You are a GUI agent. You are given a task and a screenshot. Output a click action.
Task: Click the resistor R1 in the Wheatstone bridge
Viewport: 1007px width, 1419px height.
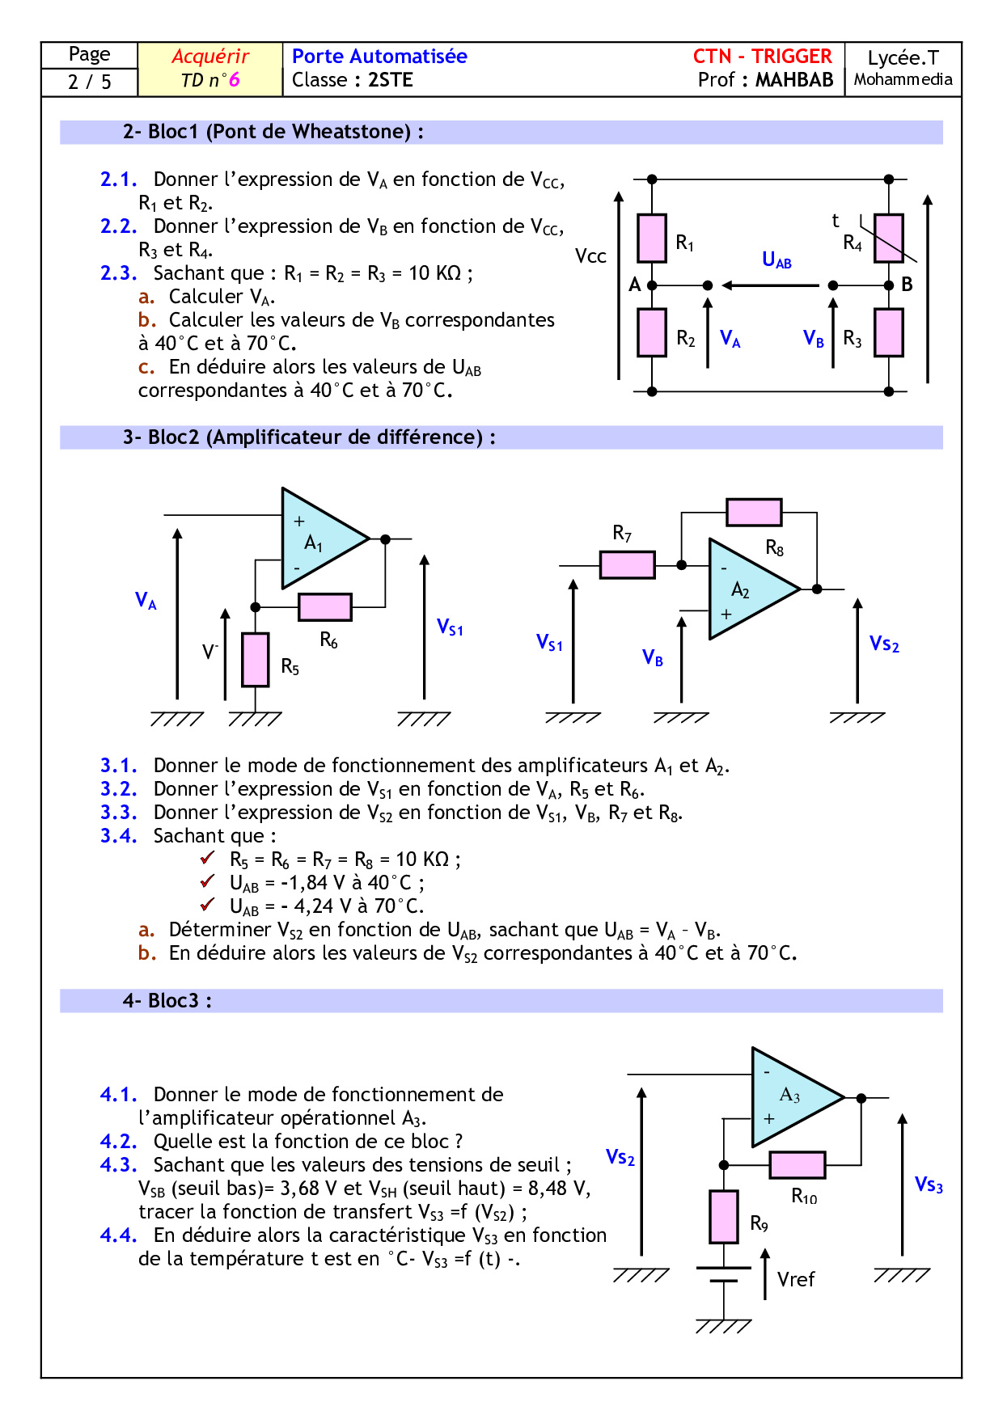point(651,238)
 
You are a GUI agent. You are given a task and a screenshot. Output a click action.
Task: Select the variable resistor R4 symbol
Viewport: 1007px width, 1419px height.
point(888,238)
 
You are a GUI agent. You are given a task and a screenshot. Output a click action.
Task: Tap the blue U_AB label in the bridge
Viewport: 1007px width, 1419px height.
point(776,260)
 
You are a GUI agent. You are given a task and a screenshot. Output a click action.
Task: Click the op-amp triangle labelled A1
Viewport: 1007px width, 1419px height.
point(319,538)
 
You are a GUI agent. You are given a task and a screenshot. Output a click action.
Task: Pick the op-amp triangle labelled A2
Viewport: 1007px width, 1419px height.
point(748,589)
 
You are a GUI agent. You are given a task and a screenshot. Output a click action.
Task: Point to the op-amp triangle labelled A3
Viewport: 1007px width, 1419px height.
point(793,1097)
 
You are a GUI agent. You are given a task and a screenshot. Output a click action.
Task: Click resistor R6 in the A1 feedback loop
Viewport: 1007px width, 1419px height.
point(325,606)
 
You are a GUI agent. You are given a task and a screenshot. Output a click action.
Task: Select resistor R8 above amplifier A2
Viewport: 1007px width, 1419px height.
point(754,512)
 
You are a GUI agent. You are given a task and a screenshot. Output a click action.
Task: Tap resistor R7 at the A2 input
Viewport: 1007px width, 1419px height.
point(627,564)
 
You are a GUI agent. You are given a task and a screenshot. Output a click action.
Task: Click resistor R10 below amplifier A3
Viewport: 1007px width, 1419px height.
point(798,1165)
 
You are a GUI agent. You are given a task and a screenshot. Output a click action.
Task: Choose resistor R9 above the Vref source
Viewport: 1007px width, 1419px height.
point(724,1216)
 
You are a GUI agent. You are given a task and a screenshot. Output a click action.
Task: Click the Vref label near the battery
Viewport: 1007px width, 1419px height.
point(796,1279)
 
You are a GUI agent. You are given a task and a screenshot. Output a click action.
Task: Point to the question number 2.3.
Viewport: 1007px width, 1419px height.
point(118,273)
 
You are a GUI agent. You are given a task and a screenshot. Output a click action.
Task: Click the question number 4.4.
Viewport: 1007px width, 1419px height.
point(118,1235)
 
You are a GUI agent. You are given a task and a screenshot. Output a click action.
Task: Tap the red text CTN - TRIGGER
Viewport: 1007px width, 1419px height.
point(762,57)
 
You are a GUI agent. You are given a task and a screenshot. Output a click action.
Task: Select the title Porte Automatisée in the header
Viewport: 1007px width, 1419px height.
point(379,57)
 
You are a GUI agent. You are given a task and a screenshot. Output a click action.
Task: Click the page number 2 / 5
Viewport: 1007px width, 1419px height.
point(90,82)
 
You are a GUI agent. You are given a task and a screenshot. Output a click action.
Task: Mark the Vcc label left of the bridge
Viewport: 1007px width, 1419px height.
point(590,256)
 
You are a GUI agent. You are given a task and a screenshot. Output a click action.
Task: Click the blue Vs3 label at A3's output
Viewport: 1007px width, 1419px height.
point(929,1185)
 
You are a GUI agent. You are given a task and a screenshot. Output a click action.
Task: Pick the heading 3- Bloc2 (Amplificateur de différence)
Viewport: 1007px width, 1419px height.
point(309,437)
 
